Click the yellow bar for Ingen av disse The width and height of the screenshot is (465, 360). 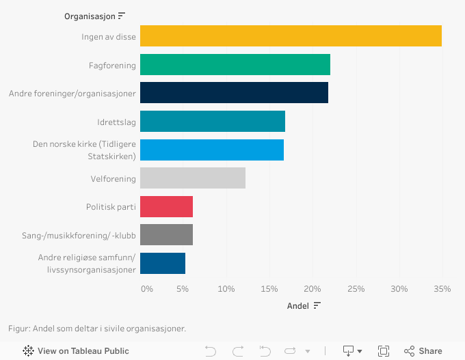click(291, 36)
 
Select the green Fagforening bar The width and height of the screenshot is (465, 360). click(235, 65)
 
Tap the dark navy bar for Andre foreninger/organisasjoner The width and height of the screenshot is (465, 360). click(234, 93)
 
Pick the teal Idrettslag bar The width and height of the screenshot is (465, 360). click(213, 122)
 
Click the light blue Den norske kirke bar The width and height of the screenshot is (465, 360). click(212, 150)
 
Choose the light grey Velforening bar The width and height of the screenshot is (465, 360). click(193, 178)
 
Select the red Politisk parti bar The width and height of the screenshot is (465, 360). click(166, 206)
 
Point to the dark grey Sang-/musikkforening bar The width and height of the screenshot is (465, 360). click(166, 235)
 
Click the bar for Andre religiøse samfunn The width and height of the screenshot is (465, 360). click(163, 263)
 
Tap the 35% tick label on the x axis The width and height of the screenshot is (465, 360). click(442, 289)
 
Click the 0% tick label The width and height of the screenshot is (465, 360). click(146, 289)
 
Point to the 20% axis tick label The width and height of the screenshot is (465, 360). click(313, 289)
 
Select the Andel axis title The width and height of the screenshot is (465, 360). click(298, 306)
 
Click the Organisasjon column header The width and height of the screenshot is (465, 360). click(90, 16)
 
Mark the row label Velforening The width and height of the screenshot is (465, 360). click(114, 179)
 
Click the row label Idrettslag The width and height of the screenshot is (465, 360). click(116, 122)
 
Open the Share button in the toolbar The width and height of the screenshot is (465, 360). click(423, 351)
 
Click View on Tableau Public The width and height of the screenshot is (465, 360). click(76, 351)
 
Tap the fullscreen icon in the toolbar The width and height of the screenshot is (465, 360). click(384, 351)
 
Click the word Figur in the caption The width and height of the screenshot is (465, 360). click(18, 329)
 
